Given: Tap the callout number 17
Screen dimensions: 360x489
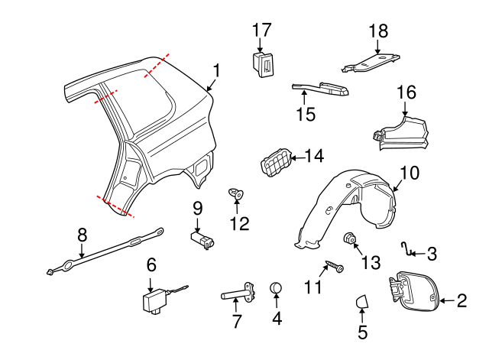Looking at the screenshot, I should pos(262,30).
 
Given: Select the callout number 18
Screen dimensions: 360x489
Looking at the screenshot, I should pos(378,31).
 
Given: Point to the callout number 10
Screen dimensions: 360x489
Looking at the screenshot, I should pos(410,173).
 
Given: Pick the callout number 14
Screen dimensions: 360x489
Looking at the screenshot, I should pos(314,157).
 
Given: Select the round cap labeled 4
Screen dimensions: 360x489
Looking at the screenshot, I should pos(277,288).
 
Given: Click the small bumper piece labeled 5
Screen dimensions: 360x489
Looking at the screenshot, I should pos(361,303).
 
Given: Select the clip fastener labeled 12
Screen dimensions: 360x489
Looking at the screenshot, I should pos(235,195).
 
